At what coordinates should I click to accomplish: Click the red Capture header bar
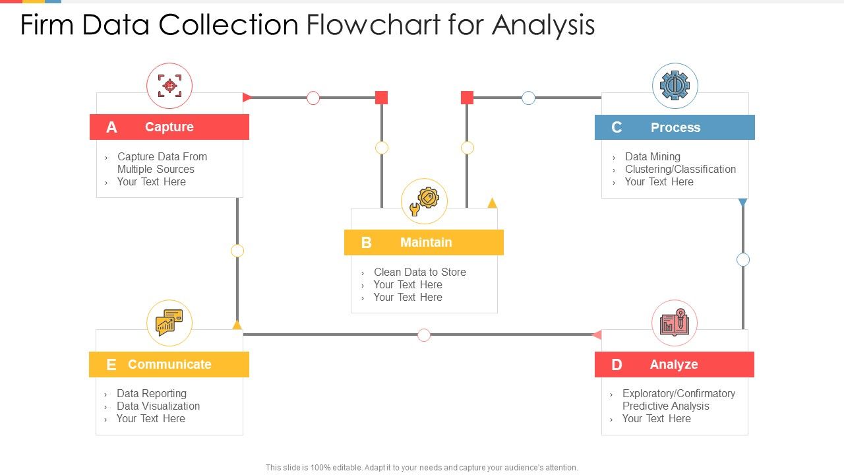click(169, 127)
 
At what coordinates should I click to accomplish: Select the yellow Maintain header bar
click(423, 242)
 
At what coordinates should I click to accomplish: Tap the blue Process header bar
click(675, 127)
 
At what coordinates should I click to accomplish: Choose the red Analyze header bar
click(674, 364)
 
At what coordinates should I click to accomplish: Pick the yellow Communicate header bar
click(169, 364)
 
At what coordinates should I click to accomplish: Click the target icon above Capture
click(169, 86)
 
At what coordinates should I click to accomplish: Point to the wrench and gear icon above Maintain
click(424, 201)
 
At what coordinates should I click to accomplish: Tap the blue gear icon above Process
click(675, 86)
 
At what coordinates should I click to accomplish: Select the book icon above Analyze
click(674, 323)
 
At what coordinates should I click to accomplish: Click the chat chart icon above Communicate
click(169, 323)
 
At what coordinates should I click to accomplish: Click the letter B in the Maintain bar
click(367, 243)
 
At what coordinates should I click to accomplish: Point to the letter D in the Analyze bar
click(617, 365)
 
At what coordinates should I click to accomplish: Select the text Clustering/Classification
click(680, 169)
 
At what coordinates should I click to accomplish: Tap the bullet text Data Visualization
click(158, 406)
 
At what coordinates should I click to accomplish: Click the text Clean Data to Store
click(419, 272)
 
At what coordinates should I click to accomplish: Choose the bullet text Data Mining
click(652, 156)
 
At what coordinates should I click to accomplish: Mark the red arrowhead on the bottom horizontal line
click(597, 335)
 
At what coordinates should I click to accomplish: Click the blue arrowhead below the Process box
click(742, 203)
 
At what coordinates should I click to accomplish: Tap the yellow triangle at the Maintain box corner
click(492, 203)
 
